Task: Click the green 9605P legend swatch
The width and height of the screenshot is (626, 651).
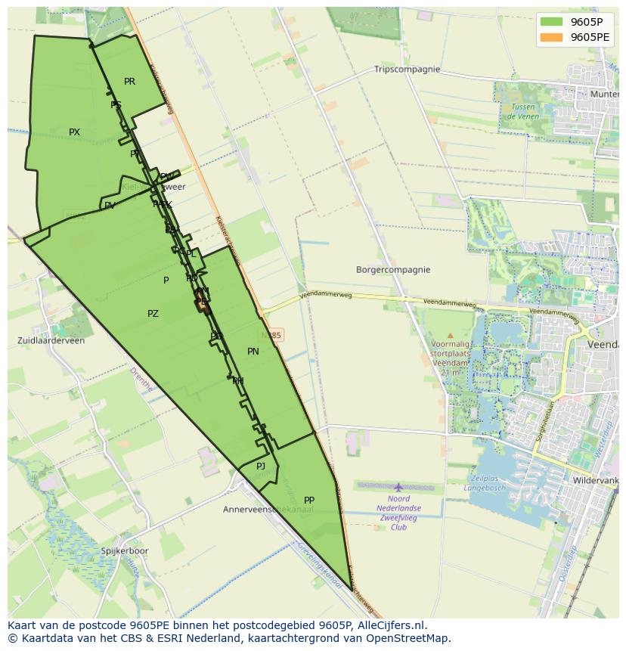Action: coord(551,22)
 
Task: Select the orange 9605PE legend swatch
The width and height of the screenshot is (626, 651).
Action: coord(551,37)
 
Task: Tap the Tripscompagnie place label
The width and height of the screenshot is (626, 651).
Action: coord(407,70)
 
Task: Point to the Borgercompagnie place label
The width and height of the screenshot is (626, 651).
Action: coord(393,270)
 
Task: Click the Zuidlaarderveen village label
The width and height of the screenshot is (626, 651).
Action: coord(51,341)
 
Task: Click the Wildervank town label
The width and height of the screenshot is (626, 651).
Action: coord(596,481)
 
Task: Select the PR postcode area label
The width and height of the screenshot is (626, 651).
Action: coord(129,82)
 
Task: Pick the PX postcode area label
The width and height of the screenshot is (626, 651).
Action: coord(74,132)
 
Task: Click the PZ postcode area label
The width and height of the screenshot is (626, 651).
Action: coord(153,314)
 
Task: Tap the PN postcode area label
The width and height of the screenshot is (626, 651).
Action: coord(253,352)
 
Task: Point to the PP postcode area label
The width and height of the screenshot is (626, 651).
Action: coord(309,501)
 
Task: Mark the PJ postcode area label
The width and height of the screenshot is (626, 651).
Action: coord(261,467)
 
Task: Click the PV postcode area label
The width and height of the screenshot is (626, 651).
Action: coord(110,206)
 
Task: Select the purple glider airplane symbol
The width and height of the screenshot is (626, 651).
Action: coord(398,488)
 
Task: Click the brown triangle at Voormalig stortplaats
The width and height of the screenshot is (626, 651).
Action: coord(451,335)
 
